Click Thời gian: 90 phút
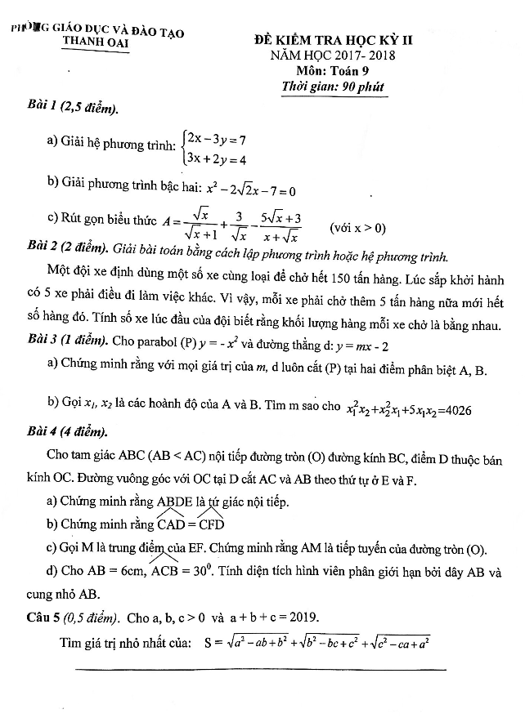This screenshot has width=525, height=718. [x=331, y=87]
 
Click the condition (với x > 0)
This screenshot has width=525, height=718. [x=358, y=227]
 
